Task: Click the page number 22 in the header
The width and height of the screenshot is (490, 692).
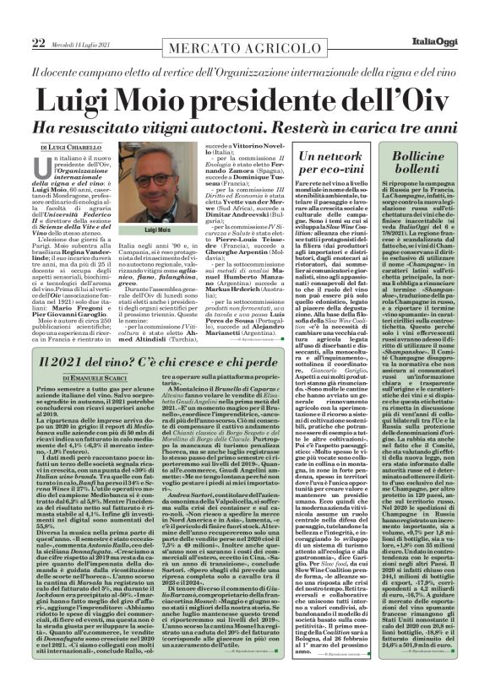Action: pos(38,19)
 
